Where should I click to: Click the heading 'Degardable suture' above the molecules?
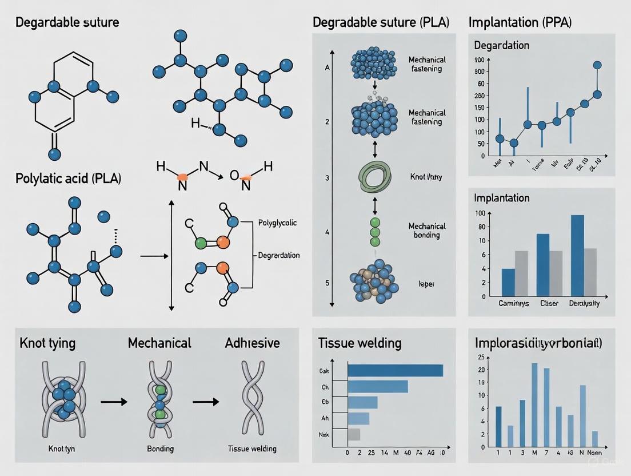click(x=67, y=23)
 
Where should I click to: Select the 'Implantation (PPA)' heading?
click(x=520, y=23)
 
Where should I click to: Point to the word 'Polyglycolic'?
click(x=277, y=223)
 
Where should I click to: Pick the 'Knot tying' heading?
click(x=47, y=343)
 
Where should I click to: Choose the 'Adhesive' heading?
click(x=252, y=343)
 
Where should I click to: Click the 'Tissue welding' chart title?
click(x=360, y=343)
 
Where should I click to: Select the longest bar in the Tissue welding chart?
click(x=395, y=371)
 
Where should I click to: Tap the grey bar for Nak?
click(x=354, y=434)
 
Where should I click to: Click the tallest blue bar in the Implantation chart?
click(x=577, y=256)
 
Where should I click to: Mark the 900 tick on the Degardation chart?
click(x=479, y=60)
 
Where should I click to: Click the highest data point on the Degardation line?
click(x=597, y=65)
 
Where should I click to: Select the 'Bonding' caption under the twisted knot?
click(x=160, y=449)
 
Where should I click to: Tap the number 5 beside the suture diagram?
click(x=328, y=283)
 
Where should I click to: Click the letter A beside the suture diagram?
click(x=328, y=68)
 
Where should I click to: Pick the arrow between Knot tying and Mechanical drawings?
click(x=114, y=402)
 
